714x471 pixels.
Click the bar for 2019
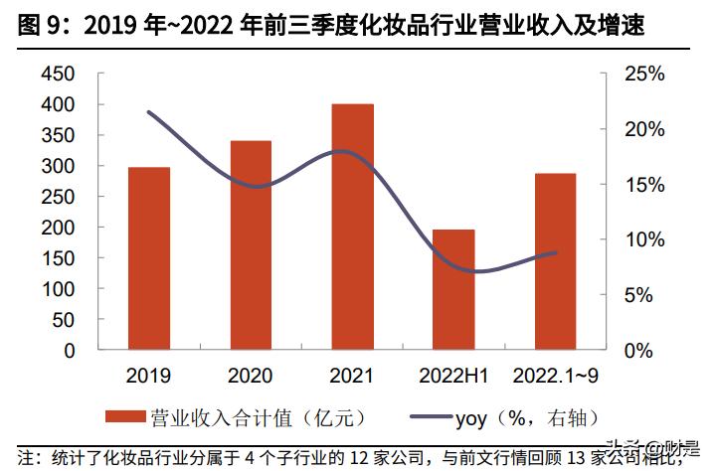pyautogui.click(x=148, y=258)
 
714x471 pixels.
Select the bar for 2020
pyautogui.click(x=251, y=245)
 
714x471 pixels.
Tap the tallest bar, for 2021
pyautogui.click(x=353, y=227)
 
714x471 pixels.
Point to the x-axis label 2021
pyautogui.click(x=353, y=376)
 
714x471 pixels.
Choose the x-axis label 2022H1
pyautogui.click(x=454, y=376)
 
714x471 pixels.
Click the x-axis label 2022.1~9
pyautogui.click(x=555, y=376)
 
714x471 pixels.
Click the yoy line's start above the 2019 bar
pyautogui.click(x=148, y=112)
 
